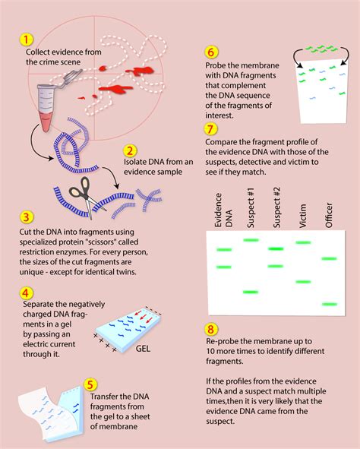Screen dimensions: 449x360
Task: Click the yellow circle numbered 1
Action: tap(27, 39)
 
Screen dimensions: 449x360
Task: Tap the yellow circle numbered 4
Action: tap(27, 292)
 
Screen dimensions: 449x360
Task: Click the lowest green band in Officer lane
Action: tap(329, 304)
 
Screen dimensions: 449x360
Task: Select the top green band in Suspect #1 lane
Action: tap(250, 240)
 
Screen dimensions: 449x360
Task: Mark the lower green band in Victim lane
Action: tap(302, 282)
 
